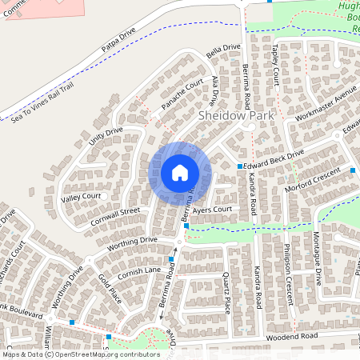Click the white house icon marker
(x=179, y=173)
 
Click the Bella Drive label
(x=223, y=50)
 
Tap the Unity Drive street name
(x=106, y=136)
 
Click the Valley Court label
(x=81, y=196)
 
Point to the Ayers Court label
(x=212, y=210)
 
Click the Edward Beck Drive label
(x=275, y=159)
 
